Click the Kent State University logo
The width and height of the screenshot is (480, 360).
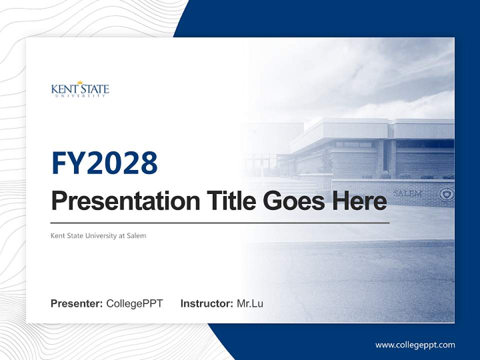click(x=80, y=89)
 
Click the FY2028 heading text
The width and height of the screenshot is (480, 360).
click(x=104, y=163)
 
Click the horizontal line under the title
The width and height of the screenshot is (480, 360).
click(x=220, y=222)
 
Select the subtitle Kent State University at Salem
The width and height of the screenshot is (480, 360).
click(x=98, y=235)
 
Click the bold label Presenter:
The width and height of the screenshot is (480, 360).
click(x=76, y=303)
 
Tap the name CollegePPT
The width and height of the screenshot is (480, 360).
click(x=134, y=303)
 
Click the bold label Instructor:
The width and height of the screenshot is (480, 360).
click(x=206, y=303)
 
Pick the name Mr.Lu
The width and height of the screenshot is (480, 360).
click(x=250, y=303)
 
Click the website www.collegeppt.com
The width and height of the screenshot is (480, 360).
click(x=415, y=345)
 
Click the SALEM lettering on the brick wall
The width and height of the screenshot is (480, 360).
click(x=407, y=193)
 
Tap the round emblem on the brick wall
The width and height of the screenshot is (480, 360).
click(x=444, y=194)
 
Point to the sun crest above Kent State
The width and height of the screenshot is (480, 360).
click(x=79, y=82)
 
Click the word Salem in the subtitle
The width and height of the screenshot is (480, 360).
click(x=136, y=235)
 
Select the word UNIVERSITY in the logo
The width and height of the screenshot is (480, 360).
click(x=80, y=95)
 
